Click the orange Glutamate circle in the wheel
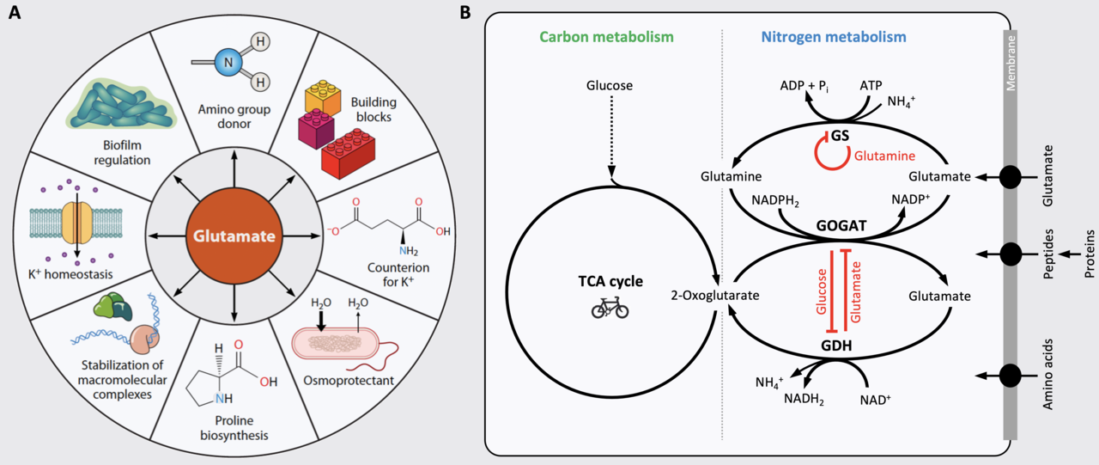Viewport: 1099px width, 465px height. click(234, 236)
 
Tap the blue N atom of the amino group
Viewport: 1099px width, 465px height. click(228, 63)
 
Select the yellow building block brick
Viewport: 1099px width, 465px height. click(322, 97)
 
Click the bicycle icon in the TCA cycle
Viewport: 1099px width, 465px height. click(610, 308)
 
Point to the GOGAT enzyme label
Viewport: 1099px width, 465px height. click(841, 225)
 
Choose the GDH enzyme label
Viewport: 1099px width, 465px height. click(836, 346)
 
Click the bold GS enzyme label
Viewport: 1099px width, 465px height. click(840, 136)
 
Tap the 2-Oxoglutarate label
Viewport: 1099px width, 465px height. click(715, 296)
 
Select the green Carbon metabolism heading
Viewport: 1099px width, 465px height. click(606, 37)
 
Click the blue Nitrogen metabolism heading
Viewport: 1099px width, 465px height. click(834, 37)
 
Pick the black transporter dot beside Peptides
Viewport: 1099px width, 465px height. click(1011, 254)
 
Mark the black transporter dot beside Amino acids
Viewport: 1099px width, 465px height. click(1011, 376)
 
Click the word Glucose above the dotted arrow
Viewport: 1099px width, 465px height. click(610, 85)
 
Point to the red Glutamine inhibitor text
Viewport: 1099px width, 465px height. click(884, 156)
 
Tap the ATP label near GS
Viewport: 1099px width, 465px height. click(871, 85)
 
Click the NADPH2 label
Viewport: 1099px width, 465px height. click(775, 201)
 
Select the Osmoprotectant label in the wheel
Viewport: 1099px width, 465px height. click(349, 381)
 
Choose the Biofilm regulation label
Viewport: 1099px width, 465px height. click(122, 153)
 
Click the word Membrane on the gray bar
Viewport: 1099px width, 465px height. click(1011, 64)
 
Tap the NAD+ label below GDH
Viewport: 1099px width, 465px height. click(875, 400)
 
